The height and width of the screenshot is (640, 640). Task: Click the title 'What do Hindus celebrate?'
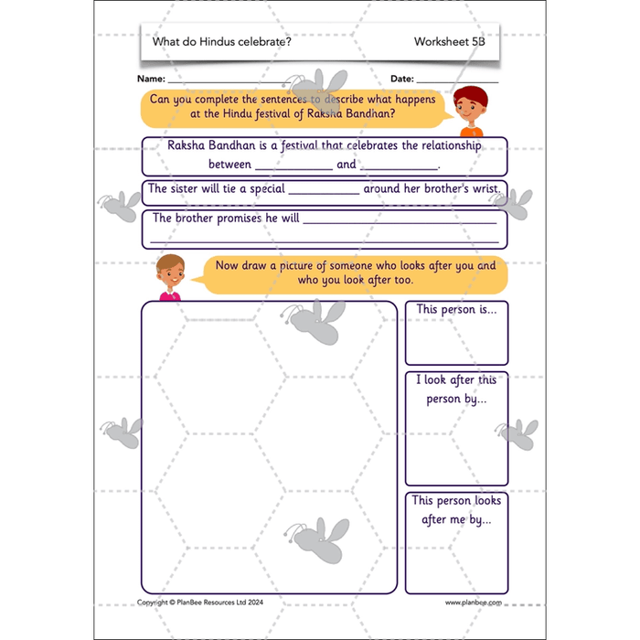coord(221,42)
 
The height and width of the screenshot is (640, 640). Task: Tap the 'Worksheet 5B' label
coord(450,42)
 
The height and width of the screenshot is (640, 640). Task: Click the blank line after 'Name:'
coord(229,82)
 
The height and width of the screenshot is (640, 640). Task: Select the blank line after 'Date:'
coord(457,82)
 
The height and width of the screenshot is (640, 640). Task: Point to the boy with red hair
coord(471,111)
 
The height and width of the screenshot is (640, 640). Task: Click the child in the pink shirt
coord(171,278)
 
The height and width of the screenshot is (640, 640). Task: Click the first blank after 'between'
coord(293,169)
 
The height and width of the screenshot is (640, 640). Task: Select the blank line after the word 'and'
coord(400,169)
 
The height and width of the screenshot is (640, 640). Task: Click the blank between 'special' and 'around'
coord(324,194)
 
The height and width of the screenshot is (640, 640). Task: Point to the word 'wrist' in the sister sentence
coord(485,188)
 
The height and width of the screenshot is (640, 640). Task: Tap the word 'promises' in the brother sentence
coord(240,219)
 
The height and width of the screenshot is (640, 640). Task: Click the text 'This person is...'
coord(457,309)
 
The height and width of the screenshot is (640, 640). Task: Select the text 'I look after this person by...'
coord(456,389)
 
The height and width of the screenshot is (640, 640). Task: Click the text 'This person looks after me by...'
coord(456,510)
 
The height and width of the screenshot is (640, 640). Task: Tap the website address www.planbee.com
coord(474,603)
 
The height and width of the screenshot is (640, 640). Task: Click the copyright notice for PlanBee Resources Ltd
coord(200,603)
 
